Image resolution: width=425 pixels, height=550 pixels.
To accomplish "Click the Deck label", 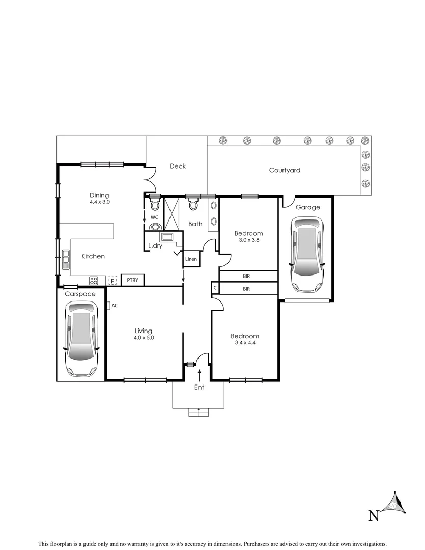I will click(x=178, y=166).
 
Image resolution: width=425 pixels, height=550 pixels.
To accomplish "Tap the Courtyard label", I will click(x=285, y=170).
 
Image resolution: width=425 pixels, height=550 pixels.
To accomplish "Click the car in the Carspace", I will click(x=81, y=338).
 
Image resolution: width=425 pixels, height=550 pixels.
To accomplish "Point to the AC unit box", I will click(x=108, y=305).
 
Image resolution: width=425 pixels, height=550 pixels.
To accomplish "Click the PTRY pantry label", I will click(x=133, y=280).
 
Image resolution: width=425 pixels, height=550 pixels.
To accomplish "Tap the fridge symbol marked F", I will click(x=112, y=280).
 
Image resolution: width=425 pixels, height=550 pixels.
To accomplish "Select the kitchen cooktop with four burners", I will click(x=94, y=280).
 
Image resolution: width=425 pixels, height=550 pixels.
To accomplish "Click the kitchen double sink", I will click(x=66, y=259).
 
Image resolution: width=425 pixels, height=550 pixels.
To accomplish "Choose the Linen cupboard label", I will click(x=191, y=259).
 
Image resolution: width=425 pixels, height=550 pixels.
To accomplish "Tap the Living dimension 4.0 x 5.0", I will click(x=144, y=338).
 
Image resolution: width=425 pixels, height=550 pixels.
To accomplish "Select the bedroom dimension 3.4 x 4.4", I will click(x=244, y=343).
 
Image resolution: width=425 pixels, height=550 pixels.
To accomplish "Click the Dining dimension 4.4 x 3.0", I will click(x=99, y=202).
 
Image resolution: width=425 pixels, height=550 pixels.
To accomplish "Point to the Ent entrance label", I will click(x=199, y=387).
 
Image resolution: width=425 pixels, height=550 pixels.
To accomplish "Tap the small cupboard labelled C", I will click(x=215, y=289).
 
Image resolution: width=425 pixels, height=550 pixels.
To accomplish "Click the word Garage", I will click(x=308, y=207).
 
